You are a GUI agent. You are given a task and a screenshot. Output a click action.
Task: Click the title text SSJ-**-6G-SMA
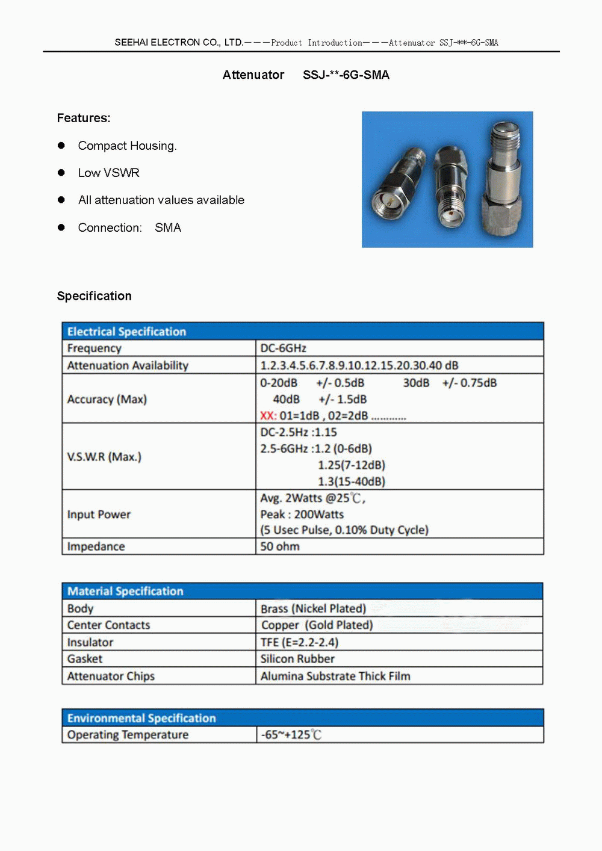coord(346,75)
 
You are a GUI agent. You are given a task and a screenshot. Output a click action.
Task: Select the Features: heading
coord(84,118)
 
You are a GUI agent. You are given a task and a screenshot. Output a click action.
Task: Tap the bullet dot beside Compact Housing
coord(61,146)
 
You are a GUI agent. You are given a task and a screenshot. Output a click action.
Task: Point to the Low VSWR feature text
coord(108,173)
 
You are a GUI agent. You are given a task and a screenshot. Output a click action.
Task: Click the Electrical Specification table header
coord(126,332)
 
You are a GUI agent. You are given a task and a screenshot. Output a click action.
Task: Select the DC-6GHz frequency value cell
coord(283,348)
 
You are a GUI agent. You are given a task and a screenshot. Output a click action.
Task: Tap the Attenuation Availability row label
coord(128,366)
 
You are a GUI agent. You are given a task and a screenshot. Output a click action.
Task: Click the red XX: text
coord(268,416)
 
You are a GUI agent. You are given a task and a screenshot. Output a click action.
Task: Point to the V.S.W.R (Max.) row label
coord(104,457)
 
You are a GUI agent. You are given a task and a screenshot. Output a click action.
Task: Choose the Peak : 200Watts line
coord(302,515)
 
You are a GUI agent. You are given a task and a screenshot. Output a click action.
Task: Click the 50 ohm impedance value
coord(280,546)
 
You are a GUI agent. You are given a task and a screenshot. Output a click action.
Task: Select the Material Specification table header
coord(125,591)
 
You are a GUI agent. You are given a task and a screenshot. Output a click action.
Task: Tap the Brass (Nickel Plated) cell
coord(313,608)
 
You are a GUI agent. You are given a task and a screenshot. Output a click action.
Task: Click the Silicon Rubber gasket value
coord(297,659)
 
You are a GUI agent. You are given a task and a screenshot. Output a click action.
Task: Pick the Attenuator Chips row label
coord(111,676)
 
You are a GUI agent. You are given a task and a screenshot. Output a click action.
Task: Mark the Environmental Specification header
coord(141,718)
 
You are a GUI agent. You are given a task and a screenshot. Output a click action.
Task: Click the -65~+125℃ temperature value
coord(291,735)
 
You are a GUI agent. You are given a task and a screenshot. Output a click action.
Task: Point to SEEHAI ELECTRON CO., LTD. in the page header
coord(179,42)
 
